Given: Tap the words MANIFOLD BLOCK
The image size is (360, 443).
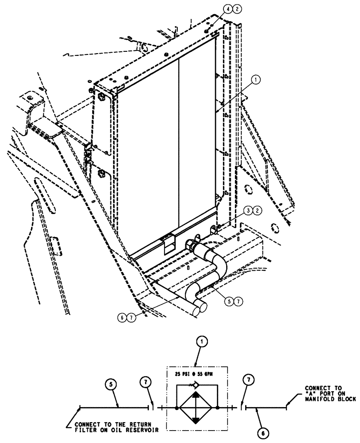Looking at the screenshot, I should tap(330, 399).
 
